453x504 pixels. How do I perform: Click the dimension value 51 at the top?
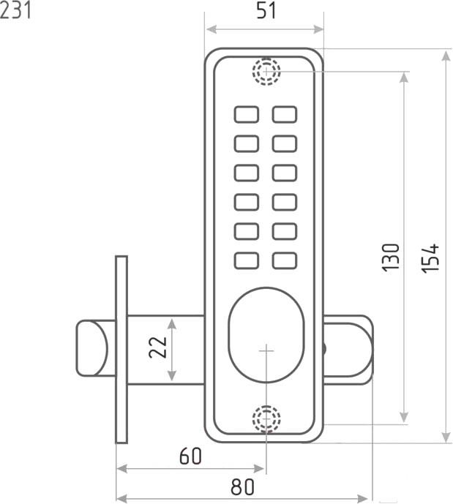(x=266, y=11)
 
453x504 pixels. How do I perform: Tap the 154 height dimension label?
(x=430, y=258)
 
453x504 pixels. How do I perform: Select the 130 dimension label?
(x=391, y=257)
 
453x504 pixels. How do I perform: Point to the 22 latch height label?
(x=158, y=347)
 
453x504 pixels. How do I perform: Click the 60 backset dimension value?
(x=190, y=456)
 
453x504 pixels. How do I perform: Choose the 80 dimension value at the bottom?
(x=242, y=487)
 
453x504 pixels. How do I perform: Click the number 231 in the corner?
(x=15, y=10)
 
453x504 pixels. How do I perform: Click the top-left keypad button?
(x=247, y=114)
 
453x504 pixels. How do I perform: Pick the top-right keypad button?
(x=285, y=114)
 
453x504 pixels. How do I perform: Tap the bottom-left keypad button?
(x=247, y=260)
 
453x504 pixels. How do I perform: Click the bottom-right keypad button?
(x=285, y=260)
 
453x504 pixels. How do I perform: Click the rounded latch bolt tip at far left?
(x=91, y=347)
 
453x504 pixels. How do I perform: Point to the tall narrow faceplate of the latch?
(x=121, y=350)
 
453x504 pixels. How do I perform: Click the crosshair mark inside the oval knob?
(x=266, y=350)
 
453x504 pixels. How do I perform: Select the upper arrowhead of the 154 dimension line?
(x=446, y=56)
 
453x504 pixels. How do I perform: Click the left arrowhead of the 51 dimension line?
(x=211, y=30)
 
